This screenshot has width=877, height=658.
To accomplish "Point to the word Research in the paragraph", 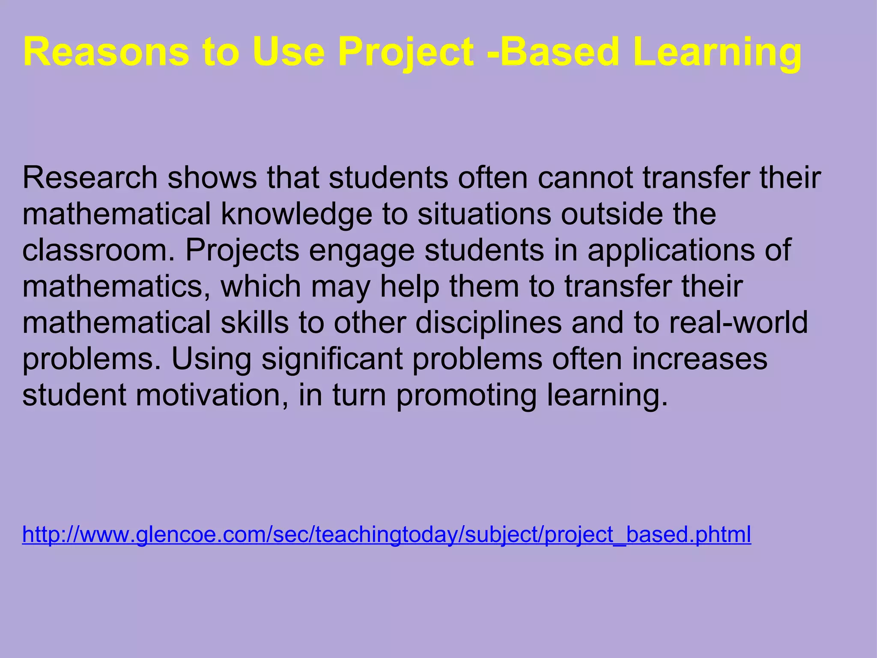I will tap(90, 177).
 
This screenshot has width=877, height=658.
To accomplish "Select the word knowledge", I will tap(296, 214).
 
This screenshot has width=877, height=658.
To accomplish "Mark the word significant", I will tap(332, 360).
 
